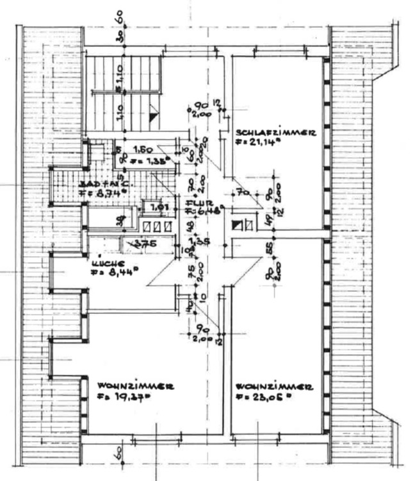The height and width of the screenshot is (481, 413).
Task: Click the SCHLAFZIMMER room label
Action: click(275, 133)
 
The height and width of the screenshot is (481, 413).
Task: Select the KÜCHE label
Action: click(105, 263)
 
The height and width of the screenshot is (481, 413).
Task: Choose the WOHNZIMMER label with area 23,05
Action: click(274, 387)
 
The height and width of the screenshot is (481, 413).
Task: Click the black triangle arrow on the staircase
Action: click(152, 116)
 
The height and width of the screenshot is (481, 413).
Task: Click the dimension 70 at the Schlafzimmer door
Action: click(241, 192)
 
